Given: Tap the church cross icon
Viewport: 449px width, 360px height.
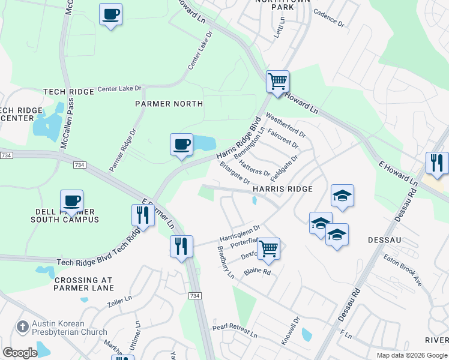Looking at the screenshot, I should click(x=23, y=327).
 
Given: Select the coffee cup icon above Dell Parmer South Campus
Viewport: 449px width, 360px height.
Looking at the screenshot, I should click(x=71, y=201).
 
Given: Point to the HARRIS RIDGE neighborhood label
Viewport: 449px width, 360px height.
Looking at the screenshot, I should click(x=282, y=189).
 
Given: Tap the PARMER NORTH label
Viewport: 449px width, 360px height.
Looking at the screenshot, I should click(x=168, y=104).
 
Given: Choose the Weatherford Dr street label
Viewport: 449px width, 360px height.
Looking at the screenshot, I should click(x=286, y=125).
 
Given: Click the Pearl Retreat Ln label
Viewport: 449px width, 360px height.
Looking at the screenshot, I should click(x=235, y=329).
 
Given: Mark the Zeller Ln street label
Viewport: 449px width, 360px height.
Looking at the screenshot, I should click(x=118, y=300).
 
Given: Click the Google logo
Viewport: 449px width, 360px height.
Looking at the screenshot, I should click(x=20, y=353).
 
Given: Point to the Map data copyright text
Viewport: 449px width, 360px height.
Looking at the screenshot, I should click(x=412, y=355).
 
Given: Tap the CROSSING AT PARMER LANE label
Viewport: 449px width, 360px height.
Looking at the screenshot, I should click(x=83, y=284).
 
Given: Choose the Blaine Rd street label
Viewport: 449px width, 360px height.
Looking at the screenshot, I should click(x=258, y=272).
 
